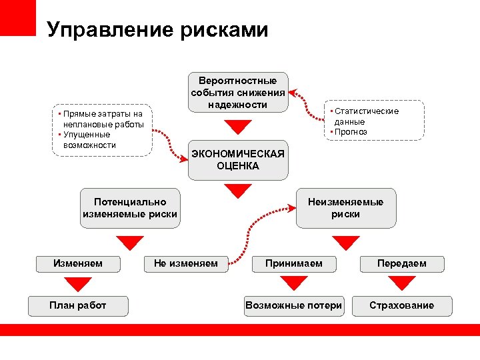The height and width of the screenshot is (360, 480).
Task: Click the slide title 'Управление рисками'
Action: [158, 29]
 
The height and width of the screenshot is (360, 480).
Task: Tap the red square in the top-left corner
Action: [17, 17]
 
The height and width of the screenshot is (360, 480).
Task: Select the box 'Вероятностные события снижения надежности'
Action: [237, 93]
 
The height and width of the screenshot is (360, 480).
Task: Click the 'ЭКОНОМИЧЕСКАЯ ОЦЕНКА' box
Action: [237, 160]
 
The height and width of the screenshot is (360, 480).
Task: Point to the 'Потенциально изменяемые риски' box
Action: [130, 208]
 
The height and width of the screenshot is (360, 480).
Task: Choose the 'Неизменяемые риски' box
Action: [345, 208]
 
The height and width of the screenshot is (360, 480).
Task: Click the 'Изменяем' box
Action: [78, 263]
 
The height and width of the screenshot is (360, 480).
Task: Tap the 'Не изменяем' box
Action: [185, 263]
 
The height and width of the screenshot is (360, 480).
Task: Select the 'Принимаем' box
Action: [293, 263]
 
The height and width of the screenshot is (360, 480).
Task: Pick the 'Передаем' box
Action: [401, 263]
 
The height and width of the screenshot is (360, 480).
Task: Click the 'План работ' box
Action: [78, 306]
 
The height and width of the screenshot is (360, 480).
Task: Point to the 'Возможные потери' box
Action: [293, 306]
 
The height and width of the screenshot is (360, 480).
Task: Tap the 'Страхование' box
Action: [401, 306]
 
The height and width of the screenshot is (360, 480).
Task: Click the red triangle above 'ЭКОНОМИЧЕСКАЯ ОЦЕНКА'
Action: [237, 127]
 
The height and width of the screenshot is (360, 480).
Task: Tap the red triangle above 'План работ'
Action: [78, 285]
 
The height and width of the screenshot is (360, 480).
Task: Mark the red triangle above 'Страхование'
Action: [401, 285]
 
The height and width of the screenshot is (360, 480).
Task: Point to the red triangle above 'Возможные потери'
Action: [293, 285]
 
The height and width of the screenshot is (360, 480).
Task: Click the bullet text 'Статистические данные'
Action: [365, 116]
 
